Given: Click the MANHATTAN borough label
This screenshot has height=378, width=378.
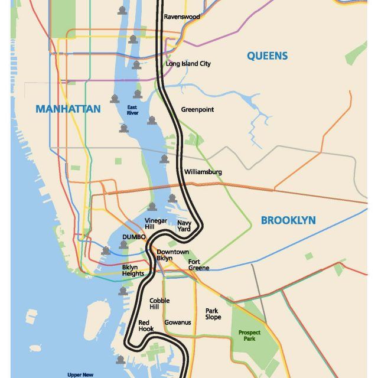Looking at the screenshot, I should pyautogui.click(x=68, y=109).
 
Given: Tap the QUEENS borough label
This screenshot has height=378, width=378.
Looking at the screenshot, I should pyautogui.click(x=268, y=56).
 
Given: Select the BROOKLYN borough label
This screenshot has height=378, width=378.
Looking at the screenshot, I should pyautogui.click(x=288, y=220).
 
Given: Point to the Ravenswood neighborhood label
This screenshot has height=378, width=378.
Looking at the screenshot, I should pyautogui.click(x=182, y=17).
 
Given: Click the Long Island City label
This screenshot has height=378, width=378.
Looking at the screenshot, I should pyautogui.click(x=188, y=64).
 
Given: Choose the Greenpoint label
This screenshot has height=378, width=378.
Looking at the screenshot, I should pyautogui.click(x=197, y=110).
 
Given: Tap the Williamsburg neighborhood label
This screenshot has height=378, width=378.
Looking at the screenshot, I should pyautogui.click(x=203, y=172).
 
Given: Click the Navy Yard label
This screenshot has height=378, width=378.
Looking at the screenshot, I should pyautogui.click(x=184, y=226).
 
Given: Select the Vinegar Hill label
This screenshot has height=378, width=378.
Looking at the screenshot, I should pyautogui.click(x=157, y=224).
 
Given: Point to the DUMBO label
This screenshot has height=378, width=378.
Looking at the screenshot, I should pyautogui.click(x=133, y=237).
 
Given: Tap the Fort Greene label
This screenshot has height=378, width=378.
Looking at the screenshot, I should pyautogui.click(x=198, y=265).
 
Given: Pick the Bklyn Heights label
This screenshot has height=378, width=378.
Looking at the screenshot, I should pyautogui.click(x=133, y=270).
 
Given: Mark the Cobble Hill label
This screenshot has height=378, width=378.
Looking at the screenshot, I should pyautogui.click(x=159, y=304).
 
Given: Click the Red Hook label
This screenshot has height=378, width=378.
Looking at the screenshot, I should pyautogui.click(x=146, y=325).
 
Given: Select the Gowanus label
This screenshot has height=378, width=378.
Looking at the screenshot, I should pyautogui.click(x=178, y=322).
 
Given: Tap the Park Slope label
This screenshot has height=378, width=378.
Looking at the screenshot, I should pyautogui.click(x=213, y=314).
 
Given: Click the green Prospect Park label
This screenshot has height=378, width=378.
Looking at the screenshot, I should pyautogui.click(x=249, y=335).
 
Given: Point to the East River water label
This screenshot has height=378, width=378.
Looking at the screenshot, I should pyautogui.click(x=133, y=110).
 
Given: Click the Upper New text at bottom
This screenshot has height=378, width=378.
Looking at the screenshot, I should pyautogui.click(x=81, y=374).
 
